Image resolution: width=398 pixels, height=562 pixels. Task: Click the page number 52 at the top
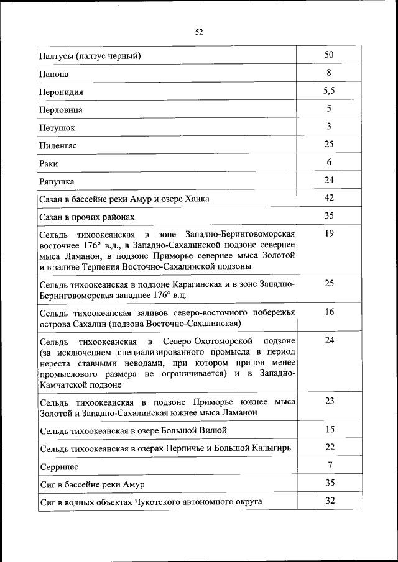(x=199, y=32)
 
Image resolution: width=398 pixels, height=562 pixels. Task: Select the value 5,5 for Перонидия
(x=329, y=91)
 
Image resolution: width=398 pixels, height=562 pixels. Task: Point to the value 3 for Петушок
(x=329, y=126)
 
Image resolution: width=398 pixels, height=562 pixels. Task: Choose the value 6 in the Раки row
(x=329, y=162)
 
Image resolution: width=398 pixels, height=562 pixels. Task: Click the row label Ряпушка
(x=57, y=182)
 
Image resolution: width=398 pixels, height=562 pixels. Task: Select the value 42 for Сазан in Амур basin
(x=329, y=197)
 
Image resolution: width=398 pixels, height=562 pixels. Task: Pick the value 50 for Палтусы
(x=329, y=55)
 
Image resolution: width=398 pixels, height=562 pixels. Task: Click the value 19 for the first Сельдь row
(x=329, y=233)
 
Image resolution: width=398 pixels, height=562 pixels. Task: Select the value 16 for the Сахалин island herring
(x=329, y=312)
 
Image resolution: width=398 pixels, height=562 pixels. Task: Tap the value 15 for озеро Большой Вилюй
(x=329, y=429)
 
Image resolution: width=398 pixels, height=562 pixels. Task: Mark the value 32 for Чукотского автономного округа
(x=329, y=501)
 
